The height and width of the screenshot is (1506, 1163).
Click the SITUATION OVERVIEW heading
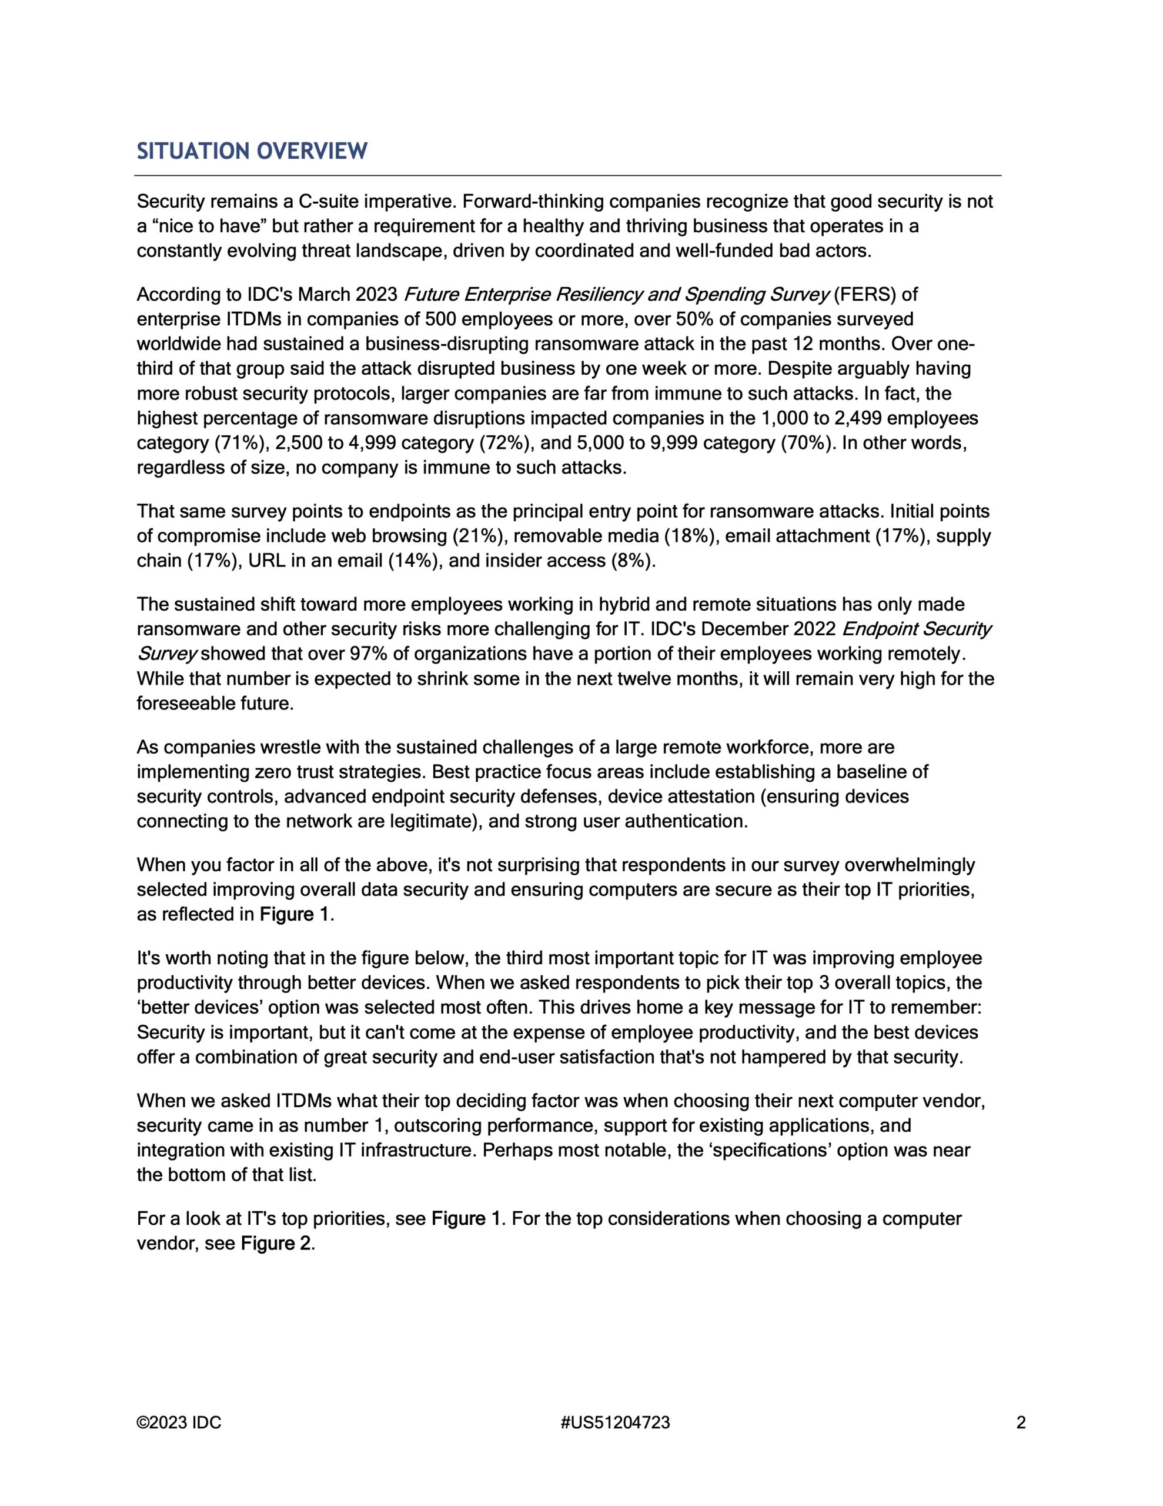pos(252,151)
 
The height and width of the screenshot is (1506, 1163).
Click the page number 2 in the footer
pos(1021,1422)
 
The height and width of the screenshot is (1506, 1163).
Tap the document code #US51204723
pos(616,1422)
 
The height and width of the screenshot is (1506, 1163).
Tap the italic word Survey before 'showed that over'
pos(168,654)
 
